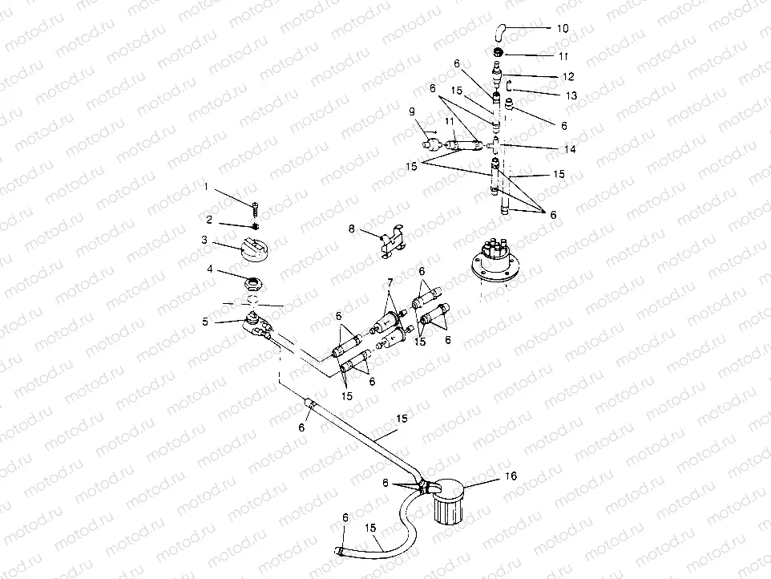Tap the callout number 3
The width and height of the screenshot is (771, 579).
(x=205, y=239)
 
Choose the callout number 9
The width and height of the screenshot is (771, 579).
(x=412, y=111)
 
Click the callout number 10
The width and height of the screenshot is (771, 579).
(x=563, y=28)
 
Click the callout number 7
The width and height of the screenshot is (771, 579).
(x=390, y=284)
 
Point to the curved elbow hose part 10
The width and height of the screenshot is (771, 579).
(x=499, y=31)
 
